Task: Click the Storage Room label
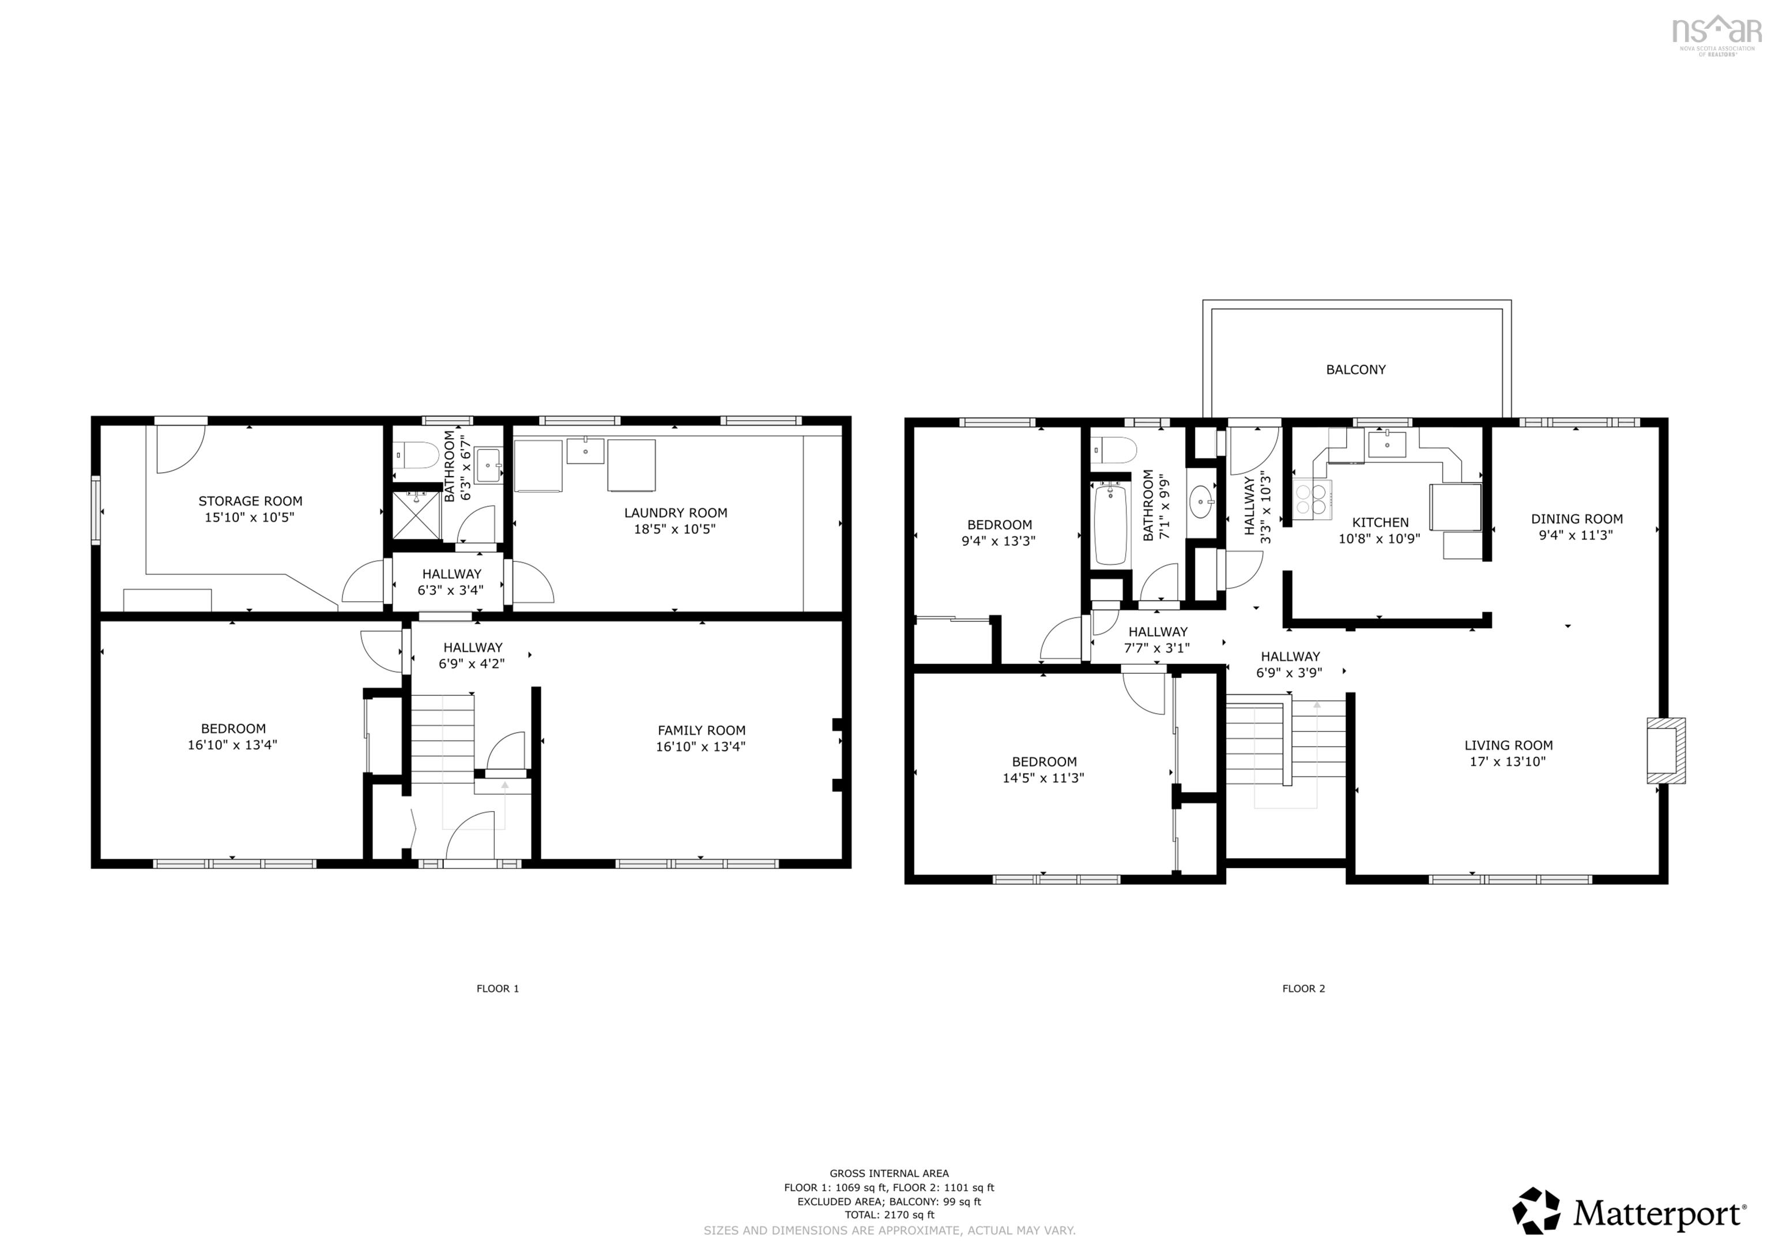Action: point(250,501)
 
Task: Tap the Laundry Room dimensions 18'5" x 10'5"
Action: point(676,529)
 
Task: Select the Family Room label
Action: point(701,730)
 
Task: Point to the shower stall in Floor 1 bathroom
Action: point(417,515)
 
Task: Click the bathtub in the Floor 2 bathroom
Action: point(1111,524)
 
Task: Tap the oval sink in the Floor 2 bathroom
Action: point(1201,502)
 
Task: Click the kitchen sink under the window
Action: point(1387,444)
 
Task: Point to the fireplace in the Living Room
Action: point(1666,750)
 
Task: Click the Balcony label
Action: point(1355,369)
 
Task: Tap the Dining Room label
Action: point(1577,519)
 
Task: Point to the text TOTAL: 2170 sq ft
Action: point(890,1215)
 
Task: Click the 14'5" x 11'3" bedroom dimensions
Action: point(1043,778)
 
